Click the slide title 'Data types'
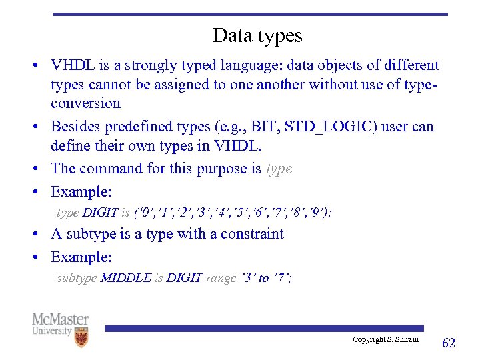tap(257, 35)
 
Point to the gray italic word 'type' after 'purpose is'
tap(279, 169)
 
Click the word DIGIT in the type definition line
tap(100, 213)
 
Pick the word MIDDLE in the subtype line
tap(125, 278)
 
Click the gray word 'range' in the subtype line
tap(221, 278)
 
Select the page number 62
tap(449, 343)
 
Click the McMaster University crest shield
tap(81, 337)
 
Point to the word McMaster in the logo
tap(61, 319)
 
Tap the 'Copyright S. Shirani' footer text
tap(385, 340)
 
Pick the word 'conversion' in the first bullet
tap(85, 103)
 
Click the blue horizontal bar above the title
tap(250, 13)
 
